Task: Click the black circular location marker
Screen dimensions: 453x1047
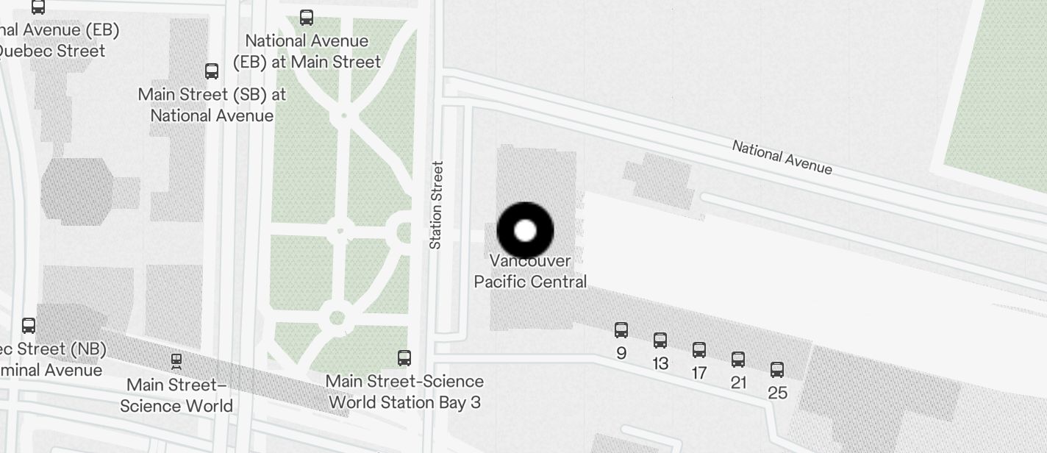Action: click(525, 230)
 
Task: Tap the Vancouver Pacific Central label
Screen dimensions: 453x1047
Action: click(530, 271)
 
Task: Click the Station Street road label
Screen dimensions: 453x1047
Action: click(436, 205)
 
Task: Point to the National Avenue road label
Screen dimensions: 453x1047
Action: click(782, 157)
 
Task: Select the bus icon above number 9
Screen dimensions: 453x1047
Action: click(621, 330)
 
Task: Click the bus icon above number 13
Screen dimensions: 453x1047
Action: click(660, 340)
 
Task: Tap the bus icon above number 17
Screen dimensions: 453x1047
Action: click(699, 350)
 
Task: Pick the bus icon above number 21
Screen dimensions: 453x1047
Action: click(738, 360)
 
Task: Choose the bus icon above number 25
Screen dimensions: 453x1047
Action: click(777, 370)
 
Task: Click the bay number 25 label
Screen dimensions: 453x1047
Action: click(778, 393)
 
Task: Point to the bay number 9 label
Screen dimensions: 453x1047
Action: click(621, 354)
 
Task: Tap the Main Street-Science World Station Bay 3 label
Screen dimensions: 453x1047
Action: click(405, 392)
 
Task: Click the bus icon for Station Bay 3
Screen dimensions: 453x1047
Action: click(404, 358)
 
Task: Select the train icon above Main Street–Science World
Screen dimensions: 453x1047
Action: click(176, 360)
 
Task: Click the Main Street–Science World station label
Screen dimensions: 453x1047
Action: click(176, 396)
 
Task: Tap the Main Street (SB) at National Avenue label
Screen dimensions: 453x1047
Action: click(212, 105)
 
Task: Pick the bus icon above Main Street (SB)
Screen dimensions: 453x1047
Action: click(212, 71)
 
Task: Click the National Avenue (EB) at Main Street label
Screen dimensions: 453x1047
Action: click(307, 51)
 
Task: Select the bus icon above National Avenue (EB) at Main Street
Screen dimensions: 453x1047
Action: click(307, 17)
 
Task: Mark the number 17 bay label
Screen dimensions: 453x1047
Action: click(699, 374)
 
